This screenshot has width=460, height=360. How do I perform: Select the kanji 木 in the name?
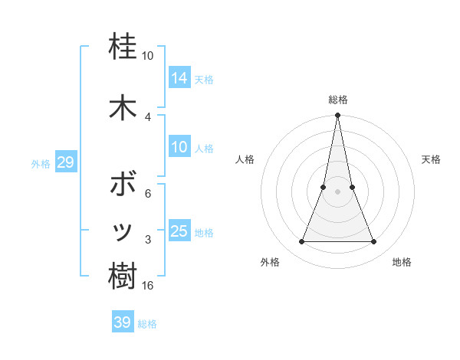(x=123, y=107)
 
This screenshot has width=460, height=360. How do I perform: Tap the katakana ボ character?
(x=123, y=184)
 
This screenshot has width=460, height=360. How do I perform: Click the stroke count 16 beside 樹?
(x=148, y=286)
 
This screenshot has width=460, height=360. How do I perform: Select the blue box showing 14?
(x=179, y=77)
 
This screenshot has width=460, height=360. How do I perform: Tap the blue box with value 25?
(x=179, y=231)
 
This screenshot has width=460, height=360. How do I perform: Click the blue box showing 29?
(x=65, y=162)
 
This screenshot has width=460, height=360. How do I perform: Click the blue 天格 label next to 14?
(x=204, y=80)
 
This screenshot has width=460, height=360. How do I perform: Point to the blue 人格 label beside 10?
(x=204, y=149)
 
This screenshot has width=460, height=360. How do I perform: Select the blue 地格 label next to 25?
(x=204, y=233)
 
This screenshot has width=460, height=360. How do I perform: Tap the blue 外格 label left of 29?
(x=41, y=164)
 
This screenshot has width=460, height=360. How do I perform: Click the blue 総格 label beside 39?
(x=147, y=324)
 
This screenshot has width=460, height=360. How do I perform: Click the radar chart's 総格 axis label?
(x=338, y=100)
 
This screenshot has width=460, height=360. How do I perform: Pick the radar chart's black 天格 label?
(x=431, y=159)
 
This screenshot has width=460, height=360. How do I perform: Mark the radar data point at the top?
(x=338, y=116)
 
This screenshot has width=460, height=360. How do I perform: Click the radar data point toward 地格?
(x=374, y=242)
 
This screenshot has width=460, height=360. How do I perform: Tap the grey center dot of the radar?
(x=338, y=192)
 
